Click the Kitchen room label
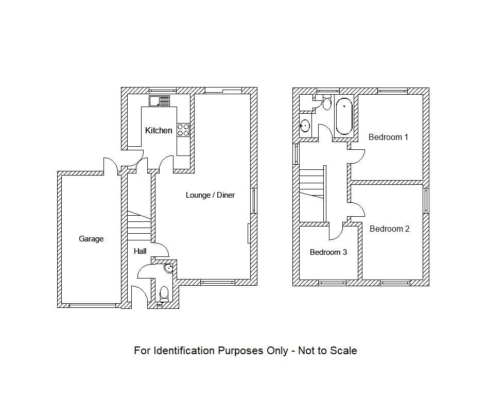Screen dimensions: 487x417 tap(159, 131)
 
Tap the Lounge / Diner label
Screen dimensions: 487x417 tap(210, 195)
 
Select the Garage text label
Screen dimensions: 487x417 tap(91, 239)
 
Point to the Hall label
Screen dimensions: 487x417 tap(140, 251)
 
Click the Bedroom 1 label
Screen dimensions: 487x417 tap(388, 137)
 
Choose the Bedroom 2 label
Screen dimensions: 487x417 tap(389, 229)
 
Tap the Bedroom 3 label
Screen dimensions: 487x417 tap(328, 252)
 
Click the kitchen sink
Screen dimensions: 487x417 tap(160, 101)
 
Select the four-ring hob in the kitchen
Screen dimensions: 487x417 tap(183, 130)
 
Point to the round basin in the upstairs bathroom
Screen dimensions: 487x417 tap(305, 125)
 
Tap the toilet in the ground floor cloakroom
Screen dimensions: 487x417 tap(164, 294)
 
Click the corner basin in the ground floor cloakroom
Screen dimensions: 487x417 tap(169, 268)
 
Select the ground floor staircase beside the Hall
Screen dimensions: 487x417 tap(138, 227)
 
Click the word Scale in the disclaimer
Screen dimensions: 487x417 tap(343, 351)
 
